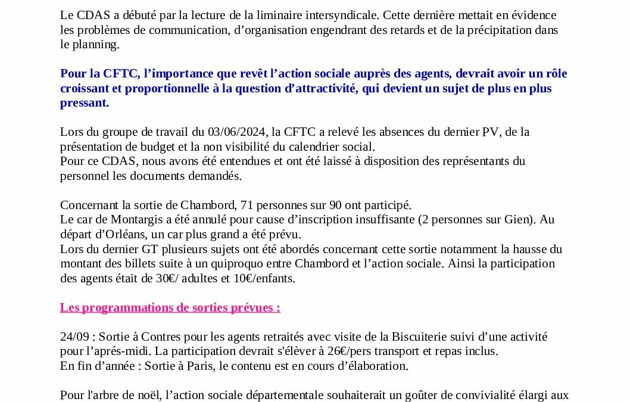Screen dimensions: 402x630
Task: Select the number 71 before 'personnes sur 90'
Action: point(247,205)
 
